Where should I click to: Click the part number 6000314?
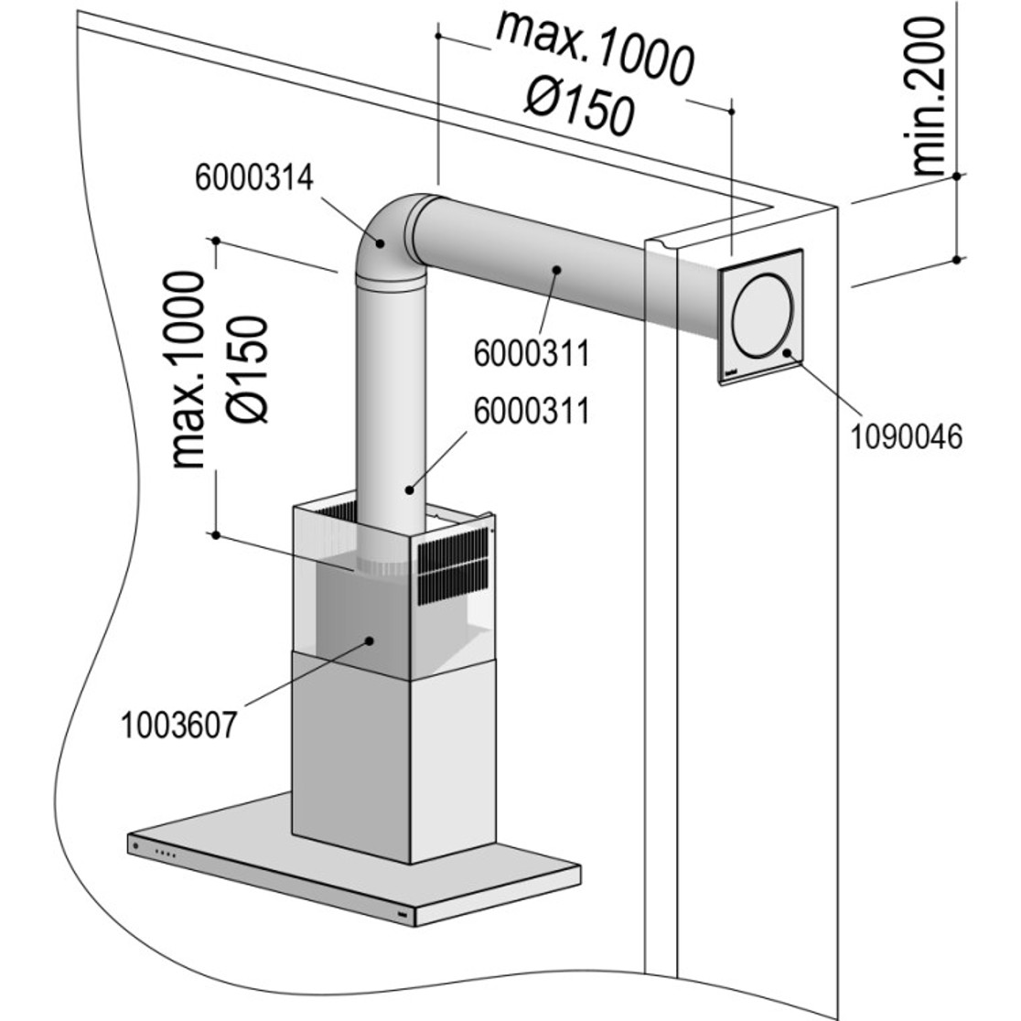(254, 177)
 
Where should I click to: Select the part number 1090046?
(907, 436)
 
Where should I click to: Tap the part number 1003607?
(179, 725)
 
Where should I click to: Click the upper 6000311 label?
(531, 352)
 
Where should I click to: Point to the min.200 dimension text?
(928, 96)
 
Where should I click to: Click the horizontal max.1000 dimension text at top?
(595, 50)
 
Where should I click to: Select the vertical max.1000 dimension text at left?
(188, 371)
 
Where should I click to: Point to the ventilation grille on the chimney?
(452, 567)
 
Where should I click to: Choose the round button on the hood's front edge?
(137, 846)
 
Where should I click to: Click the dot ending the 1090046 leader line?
(787, 352)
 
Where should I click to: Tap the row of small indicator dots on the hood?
(166, 854)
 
